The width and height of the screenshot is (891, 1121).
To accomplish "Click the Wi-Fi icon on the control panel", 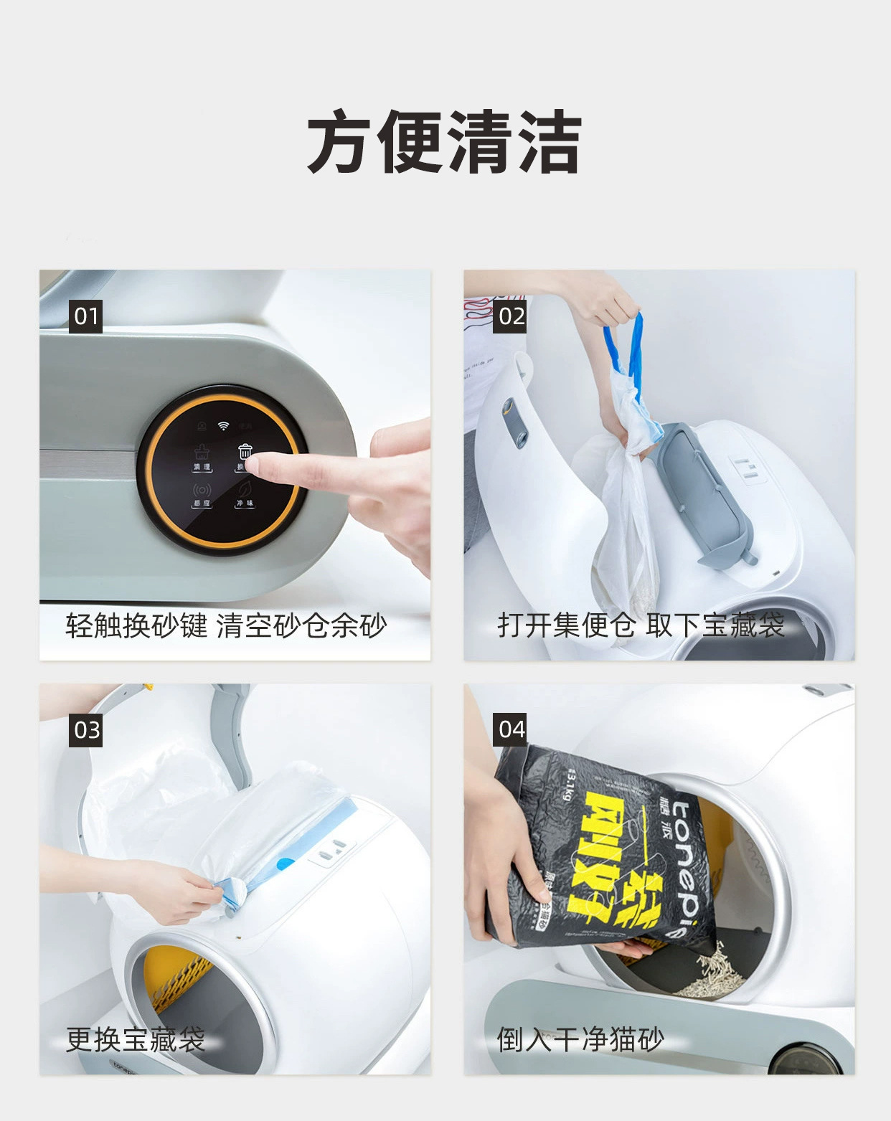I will (x=223, y=426).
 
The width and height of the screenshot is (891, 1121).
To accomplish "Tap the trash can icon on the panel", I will (x=245, y=452).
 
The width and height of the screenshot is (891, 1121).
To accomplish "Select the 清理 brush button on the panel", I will (x=201, y=456).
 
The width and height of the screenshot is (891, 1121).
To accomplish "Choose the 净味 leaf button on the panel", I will (x=245, y=491).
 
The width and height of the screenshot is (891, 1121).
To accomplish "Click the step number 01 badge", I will (x=85, y=316).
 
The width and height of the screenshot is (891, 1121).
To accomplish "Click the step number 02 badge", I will (x=510, y=316).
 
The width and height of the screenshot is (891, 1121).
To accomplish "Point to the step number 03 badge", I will (x=86, y=730).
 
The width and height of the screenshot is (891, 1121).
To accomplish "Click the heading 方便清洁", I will (x=445, y=142).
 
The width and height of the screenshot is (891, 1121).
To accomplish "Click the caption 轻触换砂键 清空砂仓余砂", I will (x=226, y=625).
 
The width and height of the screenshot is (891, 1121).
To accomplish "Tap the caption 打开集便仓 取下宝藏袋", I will (x=641, y=625).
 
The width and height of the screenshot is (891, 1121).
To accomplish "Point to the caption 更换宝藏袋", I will (x=136, y=1039).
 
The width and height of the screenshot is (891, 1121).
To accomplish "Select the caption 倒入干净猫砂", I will (x=580, y=1039).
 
